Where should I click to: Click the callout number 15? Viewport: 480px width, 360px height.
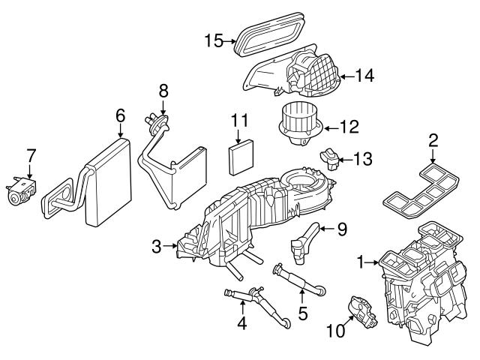tap(214, 40)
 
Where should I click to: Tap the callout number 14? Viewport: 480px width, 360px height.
tap(365, 75)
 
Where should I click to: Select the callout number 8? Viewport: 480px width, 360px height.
tap(163, 91)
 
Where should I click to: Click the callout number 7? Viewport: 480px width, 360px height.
tap(31, 156)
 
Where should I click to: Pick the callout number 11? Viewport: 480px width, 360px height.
tap(238, 120)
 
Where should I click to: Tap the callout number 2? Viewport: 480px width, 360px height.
tap(433, 139)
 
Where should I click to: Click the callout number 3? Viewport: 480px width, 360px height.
tap(156, 245)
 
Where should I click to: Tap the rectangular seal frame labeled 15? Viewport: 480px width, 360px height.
tap(268, 35)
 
